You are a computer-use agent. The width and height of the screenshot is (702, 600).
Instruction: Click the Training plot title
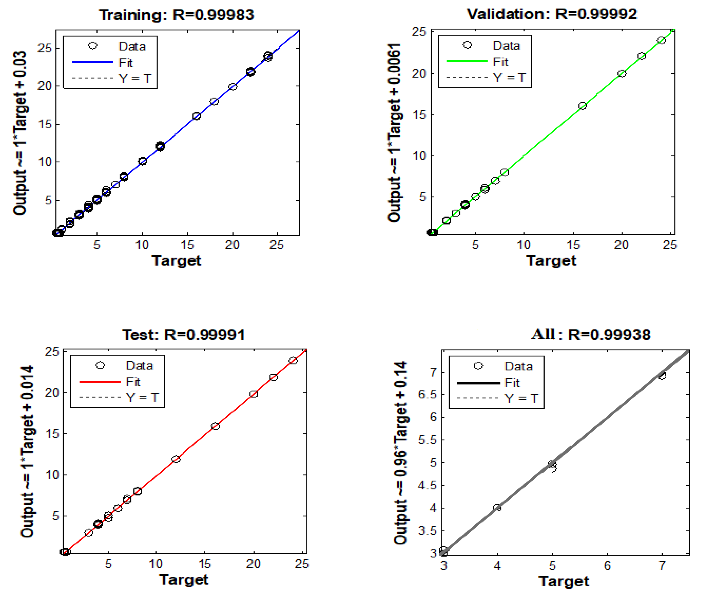(x=176, y=15)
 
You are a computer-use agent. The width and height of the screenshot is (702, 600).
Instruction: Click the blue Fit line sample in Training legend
(x=92, y=62)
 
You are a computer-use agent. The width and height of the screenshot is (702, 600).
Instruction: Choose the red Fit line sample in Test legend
(x=100, y=382)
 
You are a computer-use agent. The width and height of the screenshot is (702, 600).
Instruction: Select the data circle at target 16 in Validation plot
(x=582, y=106)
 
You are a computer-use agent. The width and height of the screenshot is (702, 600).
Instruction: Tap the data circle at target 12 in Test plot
(x=176, y=459)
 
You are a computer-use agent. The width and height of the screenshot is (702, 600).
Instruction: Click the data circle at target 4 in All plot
(x=497, y=508)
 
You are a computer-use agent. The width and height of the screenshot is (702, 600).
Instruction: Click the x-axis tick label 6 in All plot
(x=607, y=565)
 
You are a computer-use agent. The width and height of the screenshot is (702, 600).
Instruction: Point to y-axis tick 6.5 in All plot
(x=427, y=394)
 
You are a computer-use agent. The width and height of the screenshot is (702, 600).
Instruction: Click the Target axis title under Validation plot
(x=551, y=260)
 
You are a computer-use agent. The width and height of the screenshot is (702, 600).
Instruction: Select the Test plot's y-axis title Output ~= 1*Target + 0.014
(x=27, y=451)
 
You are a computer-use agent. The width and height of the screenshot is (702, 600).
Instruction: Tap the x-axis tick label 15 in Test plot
(x=205, y=564)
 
